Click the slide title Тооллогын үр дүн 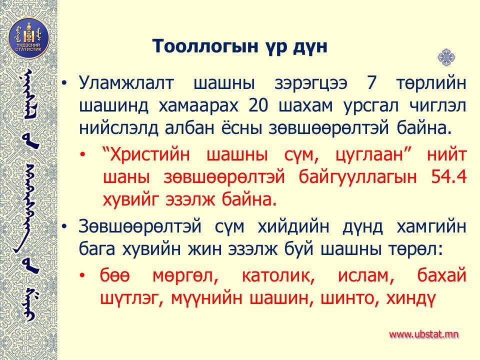[x=240, y=46]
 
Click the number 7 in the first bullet [x=371, y=82]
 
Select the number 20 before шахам [x=258, y=105]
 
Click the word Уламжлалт [x=126, y=83]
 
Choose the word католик [x=278, y=275]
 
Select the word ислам [x=366, y=275]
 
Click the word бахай [x=441, y=275]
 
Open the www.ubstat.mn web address [x=424, y=334]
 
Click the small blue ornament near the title [x=446, y=57]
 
